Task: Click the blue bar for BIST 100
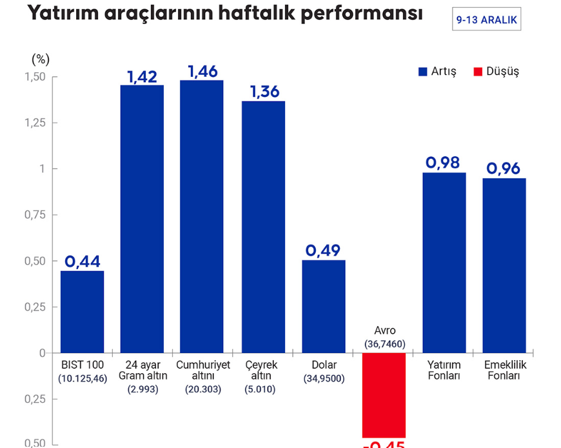coord(82,312)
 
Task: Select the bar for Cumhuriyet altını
coord(202,216)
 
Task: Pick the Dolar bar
coord(324,306)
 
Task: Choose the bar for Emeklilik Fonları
coord(504,265)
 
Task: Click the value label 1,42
coord(142,77)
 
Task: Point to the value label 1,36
coord(264,92)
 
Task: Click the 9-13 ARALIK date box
coord(486,21)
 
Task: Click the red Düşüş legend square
coord(478,72)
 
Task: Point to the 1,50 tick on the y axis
coord(35,77)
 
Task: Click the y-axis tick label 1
coord(42,168)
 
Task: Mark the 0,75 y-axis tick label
coord(35,215)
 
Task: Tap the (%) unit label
coord(40,59)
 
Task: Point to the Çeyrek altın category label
coord(262,371)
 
